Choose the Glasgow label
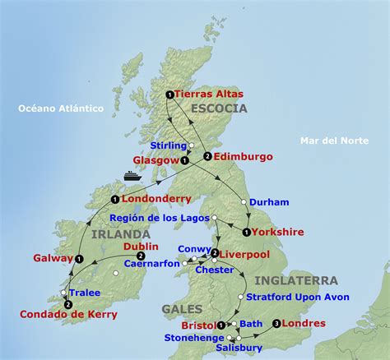(x=155, y=160)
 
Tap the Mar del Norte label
(x=332, y=141)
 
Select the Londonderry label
(x=156, y=199)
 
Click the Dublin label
(x=141, y=246)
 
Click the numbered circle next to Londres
(x=276, y=323)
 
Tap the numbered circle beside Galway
(x=79, y=259)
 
